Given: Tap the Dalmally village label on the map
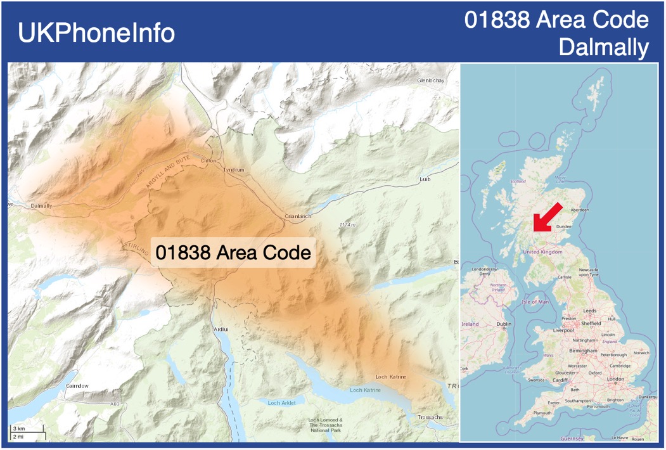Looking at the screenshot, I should (42, 206).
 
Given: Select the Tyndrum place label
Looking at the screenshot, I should (233, 170).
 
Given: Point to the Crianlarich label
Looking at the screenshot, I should (298, 216).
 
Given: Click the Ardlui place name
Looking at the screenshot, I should (221, 330).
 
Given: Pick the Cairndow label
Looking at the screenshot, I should (77, 385).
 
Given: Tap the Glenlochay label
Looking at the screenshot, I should (431, 81).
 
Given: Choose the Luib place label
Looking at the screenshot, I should (425, 179).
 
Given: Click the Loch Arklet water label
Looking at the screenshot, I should (281, 402).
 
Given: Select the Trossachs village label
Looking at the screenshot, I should (430, 417).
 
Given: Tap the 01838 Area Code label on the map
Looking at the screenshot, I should (233, 252).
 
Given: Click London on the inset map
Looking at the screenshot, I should (616, 379).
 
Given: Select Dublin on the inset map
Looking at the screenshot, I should (504, 324).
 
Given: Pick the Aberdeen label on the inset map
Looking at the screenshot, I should (580, 210).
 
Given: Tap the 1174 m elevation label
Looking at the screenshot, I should (347, 225).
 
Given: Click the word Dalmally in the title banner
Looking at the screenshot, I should (604, 48).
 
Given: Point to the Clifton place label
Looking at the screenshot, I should (208, 161).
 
